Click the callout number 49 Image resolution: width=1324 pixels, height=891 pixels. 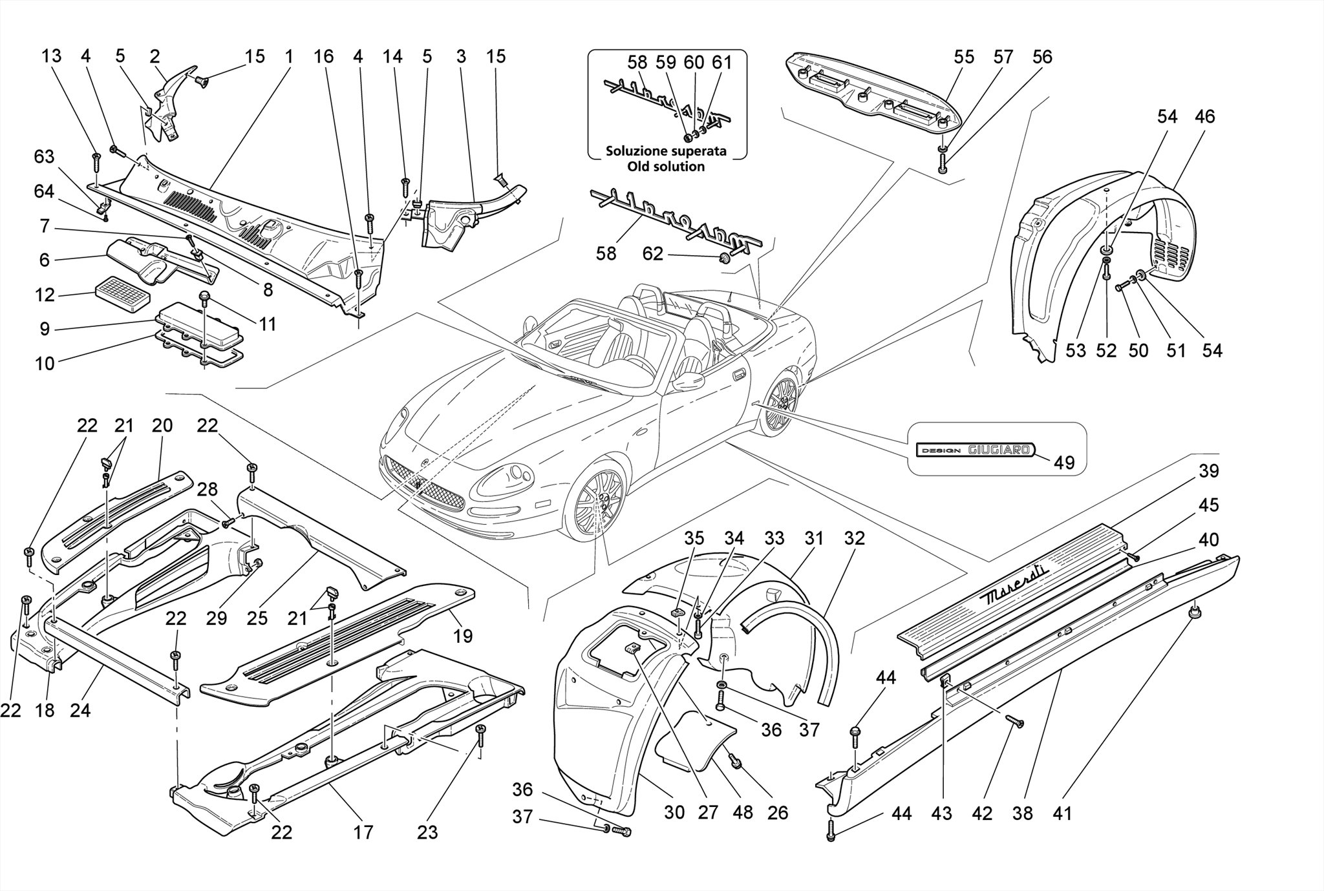click(x=1064, y=462)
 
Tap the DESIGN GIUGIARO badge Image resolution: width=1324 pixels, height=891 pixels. click(x=976, y=450)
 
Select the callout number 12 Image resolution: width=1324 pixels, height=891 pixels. click(x=45, y=295)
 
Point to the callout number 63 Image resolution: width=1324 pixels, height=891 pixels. click(x=45, y=157)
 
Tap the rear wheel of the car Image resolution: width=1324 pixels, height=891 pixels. click(x=780, y=404)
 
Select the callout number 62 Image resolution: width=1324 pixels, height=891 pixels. click(x=652, y=254)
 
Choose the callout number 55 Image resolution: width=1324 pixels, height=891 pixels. click(x=964, y=57)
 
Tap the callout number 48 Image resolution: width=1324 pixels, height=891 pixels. click(x=743, y=812)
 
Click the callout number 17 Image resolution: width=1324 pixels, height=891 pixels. click(x=363, y=832)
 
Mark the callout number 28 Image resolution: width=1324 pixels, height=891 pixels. click(x=208, y=489)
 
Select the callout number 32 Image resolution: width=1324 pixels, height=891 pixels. click(x=854, y=538)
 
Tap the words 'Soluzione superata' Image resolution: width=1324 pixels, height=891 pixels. click(x=665, y=151)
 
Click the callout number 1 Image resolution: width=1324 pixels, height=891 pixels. click(x=289, y=57)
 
